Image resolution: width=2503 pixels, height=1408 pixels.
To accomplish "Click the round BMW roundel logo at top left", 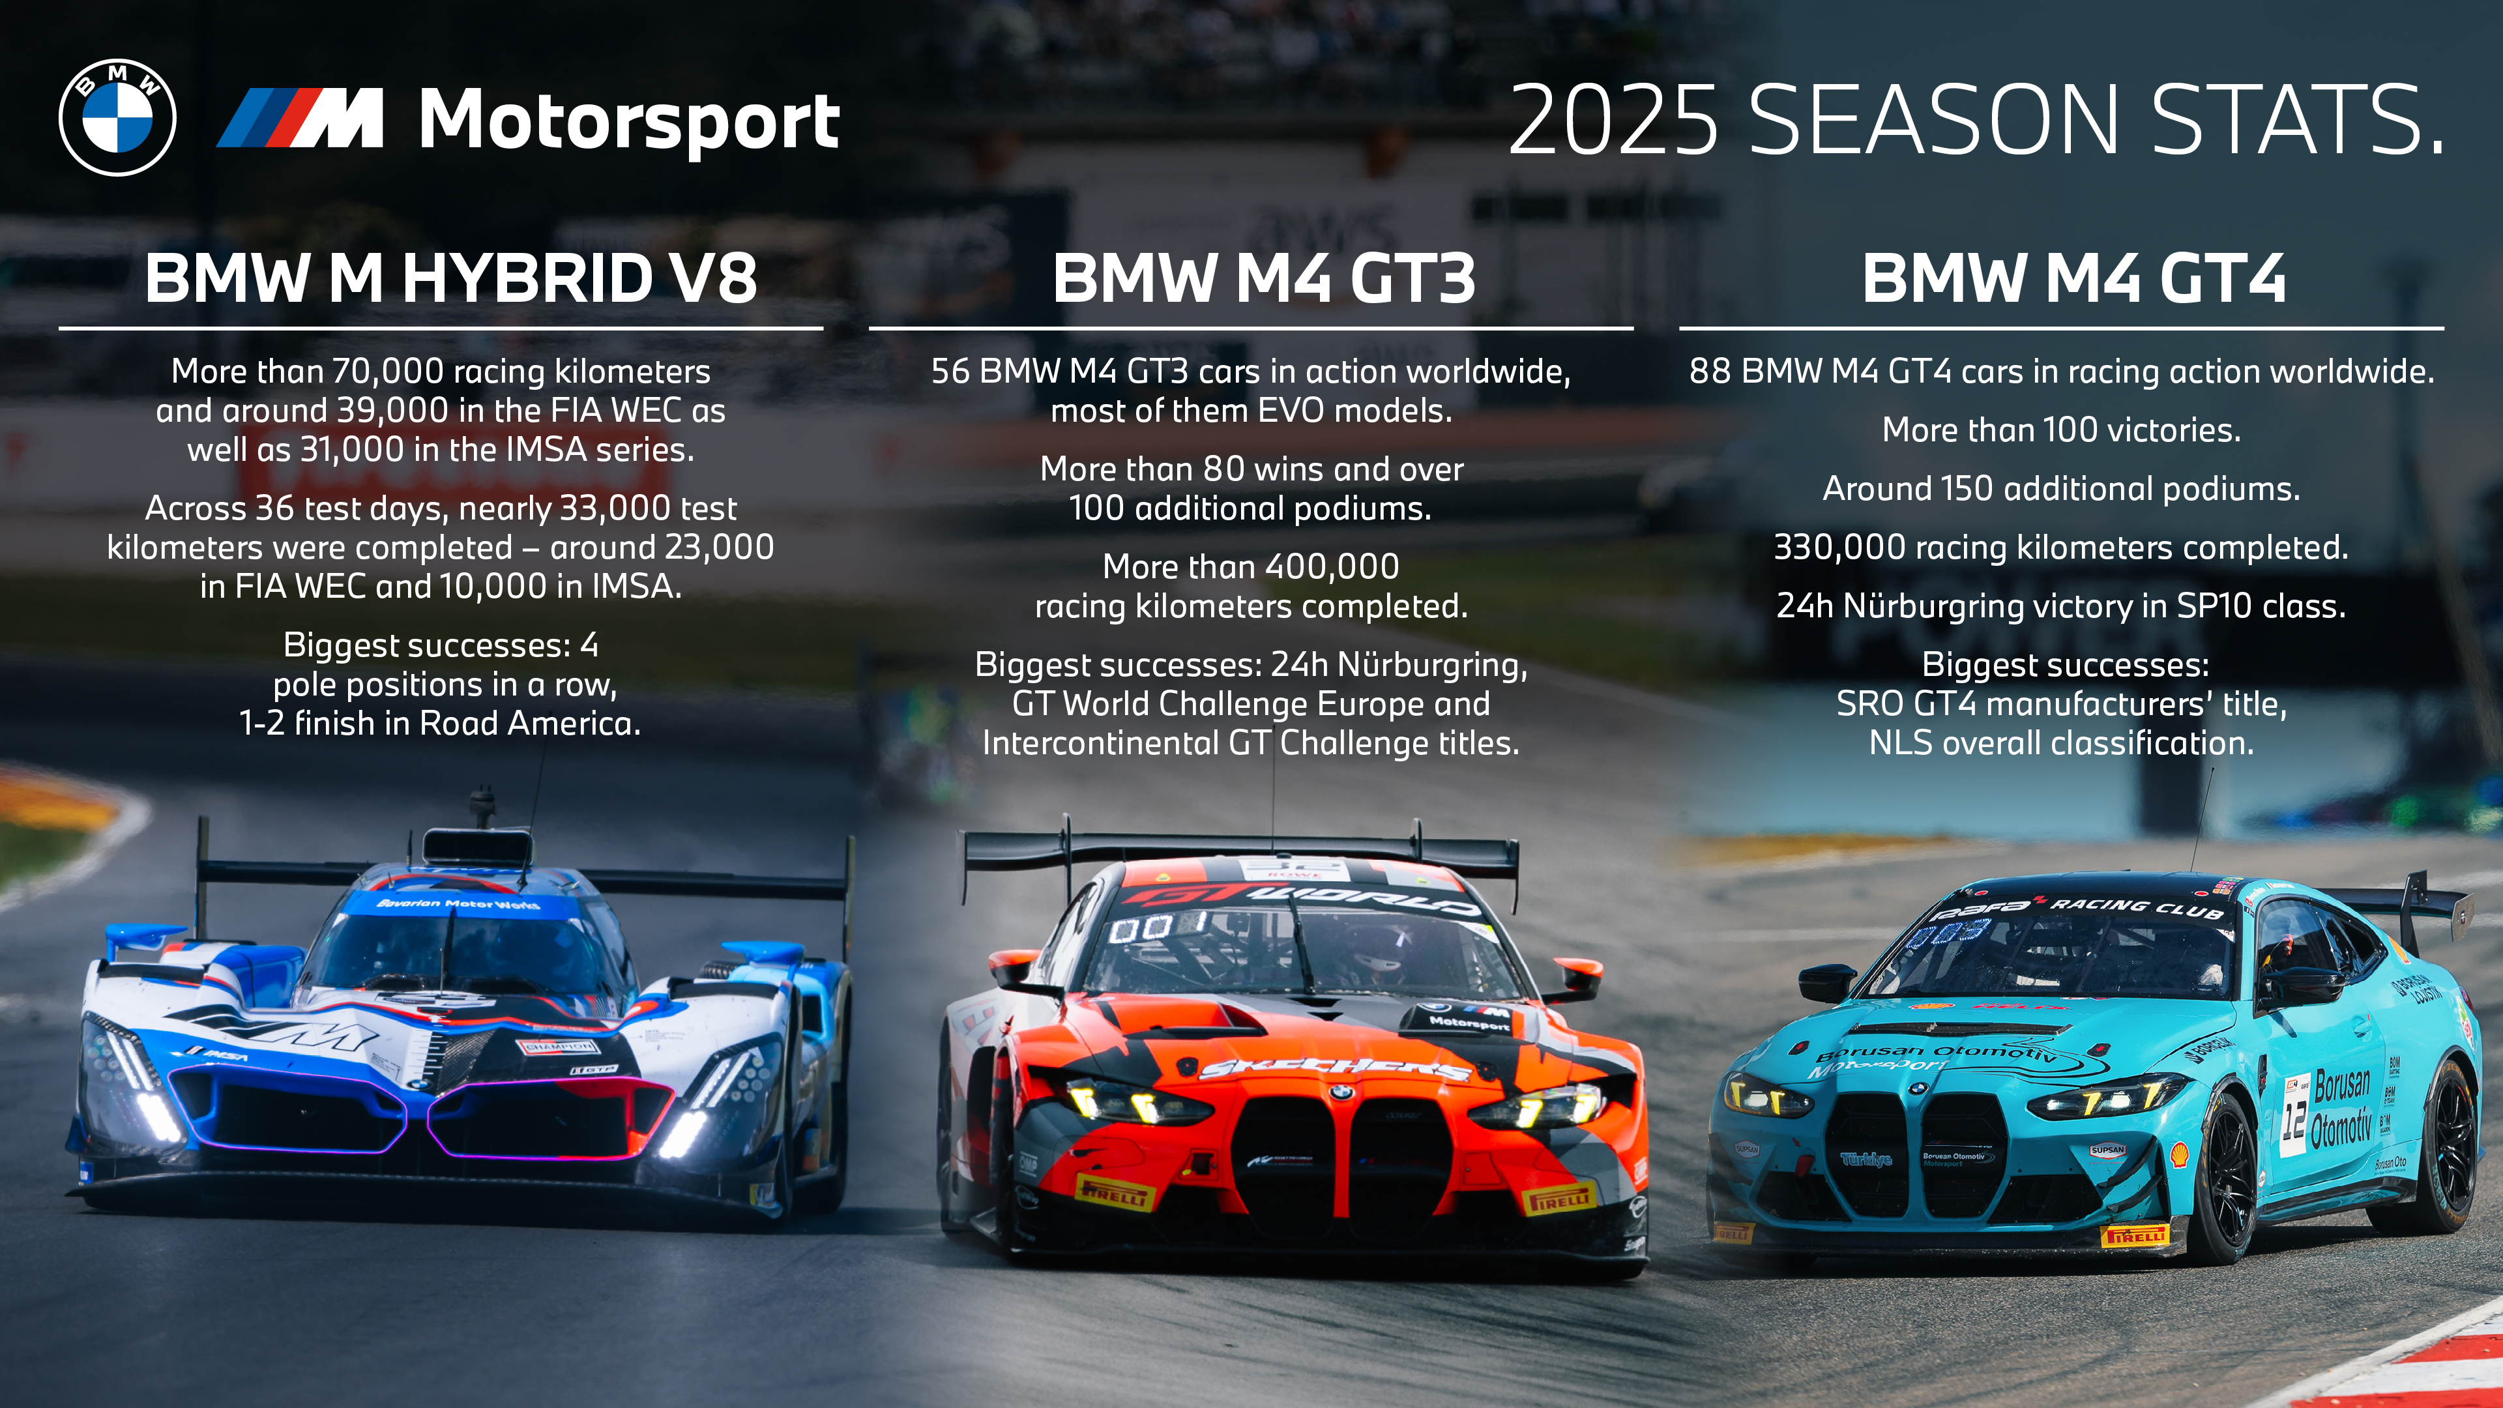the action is [x=117, y=117].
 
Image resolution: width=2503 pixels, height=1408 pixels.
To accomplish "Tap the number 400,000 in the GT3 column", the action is [x=1332, y=566].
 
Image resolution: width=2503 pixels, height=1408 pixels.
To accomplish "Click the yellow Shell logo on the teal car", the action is [x=2180, y=1155].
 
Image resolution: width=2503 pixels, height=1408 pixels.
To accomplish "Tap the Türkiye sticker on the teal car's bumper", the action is [x=1866, y=1158].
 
